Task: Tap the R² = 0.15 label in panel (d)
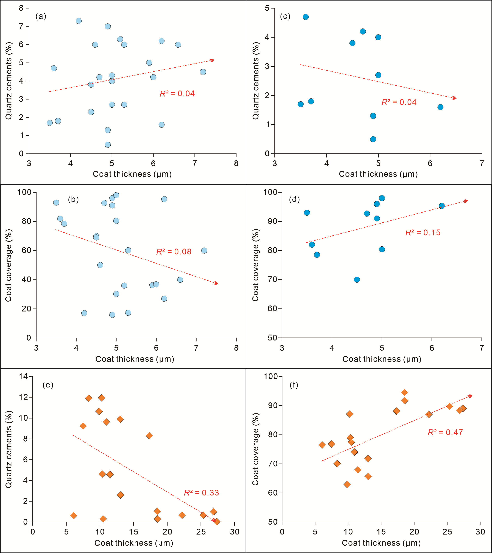(423, 233)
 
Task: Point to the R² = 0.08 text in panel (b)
(174, 252)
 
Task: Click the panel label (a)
(41, 17)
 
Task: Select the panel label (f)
(294, 385)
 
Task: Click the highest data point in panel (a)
(79, 21)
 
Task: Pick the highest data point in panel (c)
(306, 17)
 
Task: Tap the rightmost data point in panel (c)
(440, 107)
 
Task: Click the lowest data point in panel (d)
(357, 280)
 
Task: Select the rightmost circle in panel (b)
(204, 250)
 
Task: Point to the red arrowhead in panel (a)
(212, 60)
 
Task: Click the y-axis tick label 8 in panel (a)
(21, 8)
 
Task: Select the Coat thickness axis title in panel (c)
(378, 174)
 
